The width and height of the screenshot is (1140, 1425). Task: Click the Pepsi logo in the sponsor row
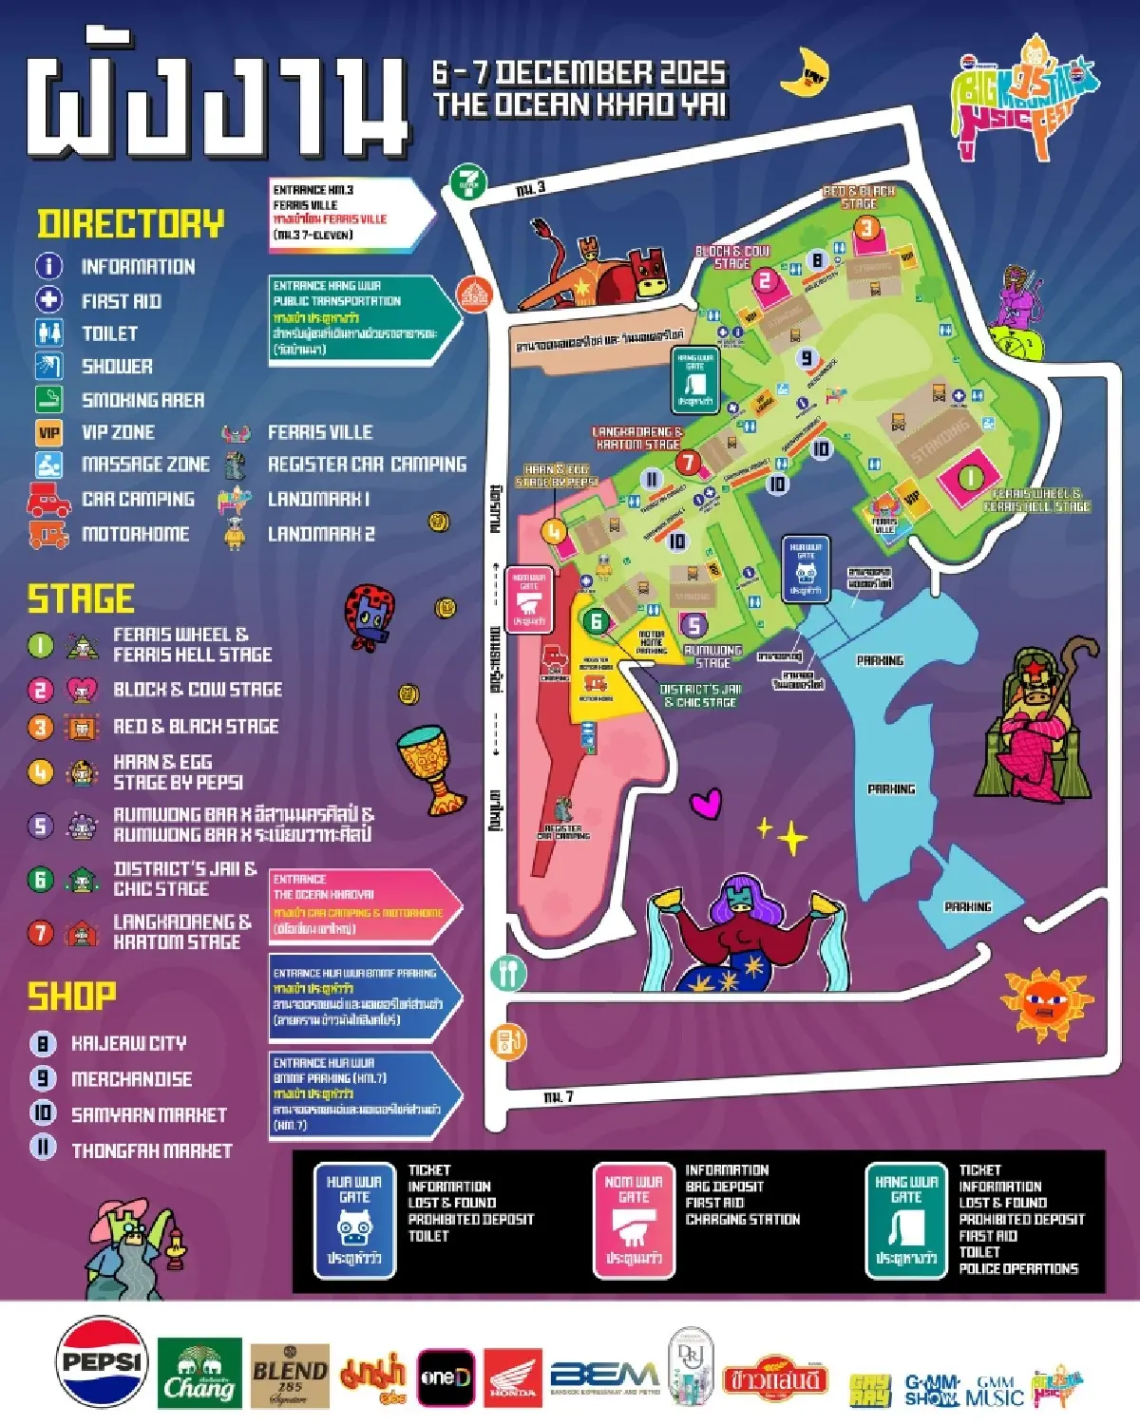(102, 1361)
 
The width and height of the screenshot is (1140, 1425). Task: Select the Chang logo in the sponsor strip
(199, 1375)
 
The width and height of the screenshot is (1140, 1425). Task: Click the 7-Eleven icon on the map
(468, 181)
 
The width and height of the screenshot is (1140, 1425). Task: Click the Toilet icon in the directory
(48, 333)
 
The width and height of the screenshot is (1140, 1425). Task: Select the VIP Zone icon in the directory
(48, 433)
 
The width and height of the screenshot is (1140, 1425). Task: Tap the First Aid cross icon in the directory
(48, 300)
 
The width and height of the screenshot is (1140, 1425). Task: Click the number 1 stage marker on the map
(970, 477)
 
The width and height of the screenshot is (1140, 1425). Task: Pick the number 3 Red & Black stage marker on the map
(865, 228)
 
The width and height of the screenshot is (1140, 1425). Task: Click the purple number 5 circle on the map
(694, 625)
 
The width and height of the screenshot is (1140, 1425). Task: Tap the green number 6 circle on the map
(597, 621)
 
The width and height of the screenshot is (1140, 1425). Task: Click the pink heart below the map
(705, 804)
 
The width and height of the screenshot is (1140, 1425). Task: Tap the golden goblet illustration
(428, 768)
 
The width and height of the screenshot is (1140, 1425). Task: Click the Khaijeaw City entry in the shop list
(128, 1043)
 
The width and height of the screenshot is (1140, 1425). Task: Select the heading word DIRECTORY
(131, 224)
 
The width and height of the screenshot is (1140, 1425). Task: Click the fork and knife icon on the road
(508, 972)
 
